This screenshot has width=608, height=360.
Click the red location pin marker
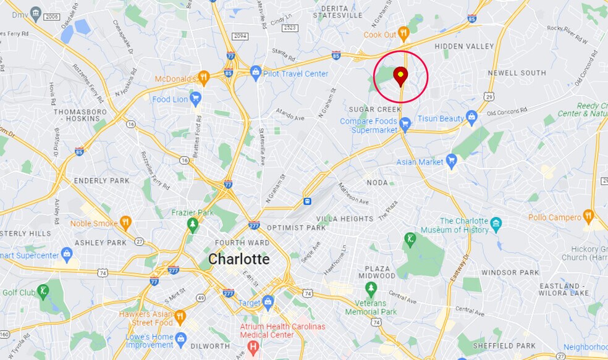coord(400,77)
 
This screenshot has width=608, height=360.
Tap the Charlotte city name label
coord(239,259)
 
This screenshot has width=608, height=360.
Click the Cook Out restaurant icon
coord(403,33)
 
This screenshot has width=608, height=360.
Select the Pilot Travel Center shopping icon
coord(255,73)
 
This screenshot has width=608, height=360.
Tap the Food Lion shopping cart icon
coord(196,98)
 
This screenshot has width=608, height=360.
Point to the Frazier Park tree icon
coord(192,224)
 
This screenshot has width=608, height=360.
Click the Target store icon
coord(268,302)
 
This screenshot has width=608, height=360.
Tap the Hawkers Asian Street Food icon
coord(180,317)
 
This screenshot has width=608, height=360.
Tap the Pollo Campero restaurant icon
coord(588,217)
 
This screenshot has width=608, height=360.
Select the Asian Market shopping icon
coord(452,161)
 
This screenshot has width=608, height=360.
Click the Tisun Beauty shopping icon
coord(472,117)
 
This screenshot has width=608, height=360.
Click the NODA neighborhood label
coord(377,183)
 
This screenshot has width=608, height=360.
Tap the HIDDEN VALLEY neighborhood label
coord(464,46)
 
